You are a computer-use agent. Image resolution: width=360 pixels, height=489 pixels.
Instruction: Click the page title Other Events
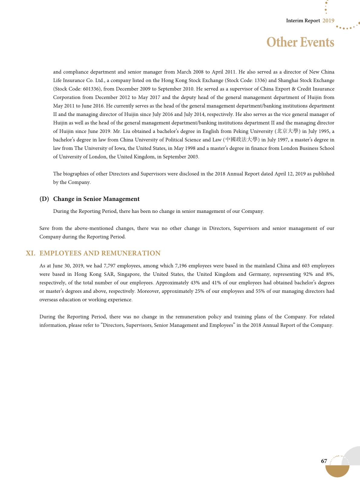click(x=300, y=42)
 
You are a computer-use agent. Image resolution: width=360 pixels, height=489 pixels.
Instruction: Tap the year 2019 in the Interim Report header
click(x=328, y=21)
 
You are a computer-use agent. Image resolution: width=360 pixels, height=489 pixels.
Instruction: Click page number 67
click(x=324, y=461)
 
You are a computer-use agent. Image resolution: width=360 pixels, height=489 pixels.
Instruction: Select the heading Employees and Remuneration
click(x=100, y=253)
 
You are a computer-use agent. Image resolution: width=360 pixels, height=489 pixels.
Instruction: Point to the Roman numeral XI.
click(x=31, y=253)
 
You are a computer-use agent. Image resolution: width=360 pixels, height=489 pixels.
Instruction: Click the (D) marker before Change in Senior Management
click(x=44, y=199)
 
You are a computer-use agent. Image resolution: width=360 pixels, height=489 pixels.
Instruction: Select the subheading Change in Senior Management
click(x=96, y=199)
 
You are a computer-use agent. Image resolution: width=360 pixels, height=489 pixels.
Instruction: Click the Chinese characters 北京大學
click(x=287, y=131)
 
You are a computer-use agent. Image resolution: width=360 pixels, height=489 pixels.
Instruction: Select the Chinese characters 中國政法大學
click(x=241, y=140)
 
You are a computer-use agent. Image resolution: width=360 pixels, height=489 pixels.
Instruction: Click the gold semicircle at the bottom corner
click(x=337, y=471)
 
